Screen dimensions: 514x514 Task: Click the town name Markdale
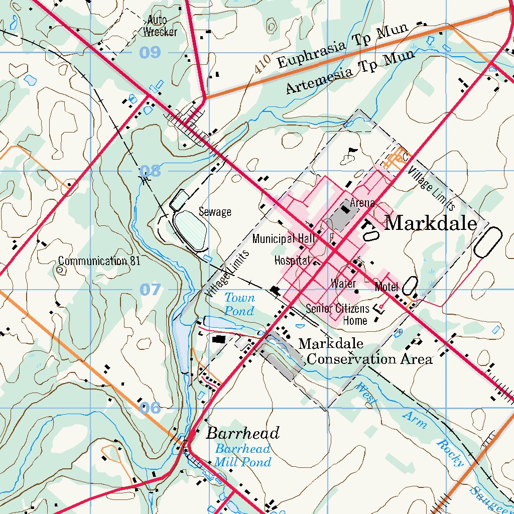pyautogui.click(x=430, y=223)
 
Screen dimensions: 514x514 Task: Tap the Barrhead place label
pyautogui.click(x=242, y=433)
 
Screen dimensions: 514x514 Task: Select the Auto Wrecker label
pyautogui.click(x=160, y=26)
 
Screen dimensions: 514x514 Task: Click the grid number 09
pyautogui.click(x=150, y=52)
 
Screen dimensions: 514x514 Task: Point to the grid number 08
pyautogui.click(x=150, y=171)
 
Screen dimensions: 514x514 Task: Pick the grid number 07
pyautogui.click(x=150, y=290)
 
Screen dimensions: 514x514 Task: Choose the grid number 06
pyautogui.click(x=150, y=408)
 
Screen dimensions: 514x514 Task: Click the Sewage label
pyautogui.click(x=215, y=211)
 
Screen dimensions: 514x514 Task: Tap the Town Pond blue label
pyautogui.click(x=239, y=304)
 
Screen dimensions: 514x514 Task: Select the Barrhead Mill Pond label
pyautogui.click(x=243, y=455)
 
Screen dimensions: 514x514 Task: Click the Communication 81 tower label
pyautogui.click(x=99, y=261)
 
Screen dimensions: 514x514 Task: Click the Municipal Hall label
pyautogui.click(x=284, y=238)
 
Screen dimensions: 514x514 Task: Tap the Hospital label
pyautogui.click(x=291, y=260)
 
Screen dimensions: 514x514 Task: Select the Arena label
pyautogui.click(x=362, y=203)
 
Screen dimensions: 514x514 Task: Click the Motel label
pyautogui.click(x=387, y=287)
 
